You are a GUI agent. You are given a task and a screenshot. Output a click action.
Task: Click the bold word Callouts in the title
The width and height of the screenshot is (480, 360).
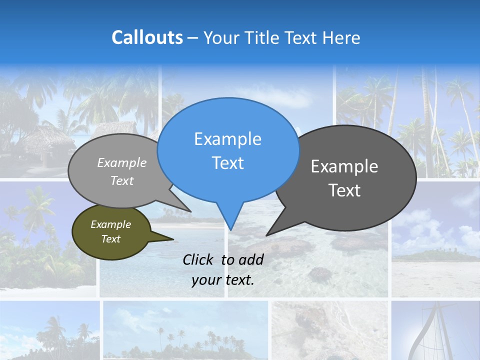147,37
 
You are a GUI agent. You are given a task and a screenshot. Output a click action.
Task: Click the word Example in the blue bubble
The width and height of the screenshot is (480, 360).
227,139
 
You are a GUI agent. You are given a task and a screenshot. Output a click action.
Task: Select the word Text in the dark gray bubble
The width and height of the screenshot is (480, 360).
344,190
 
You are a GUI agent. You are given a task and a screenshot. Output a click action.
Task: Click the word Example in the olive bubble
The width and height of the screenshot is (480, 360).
110,224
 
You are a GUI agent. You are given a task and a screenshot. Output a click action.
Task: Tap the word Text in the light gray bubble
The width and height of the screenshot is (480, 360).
122,180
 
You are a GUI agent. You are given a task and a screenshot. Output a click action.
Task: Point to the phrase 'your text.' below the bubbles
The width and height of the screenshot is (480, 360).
223,280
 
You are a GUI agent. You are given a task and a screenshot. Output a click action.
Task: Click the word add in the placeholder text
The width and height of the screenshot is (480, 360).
250,259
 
